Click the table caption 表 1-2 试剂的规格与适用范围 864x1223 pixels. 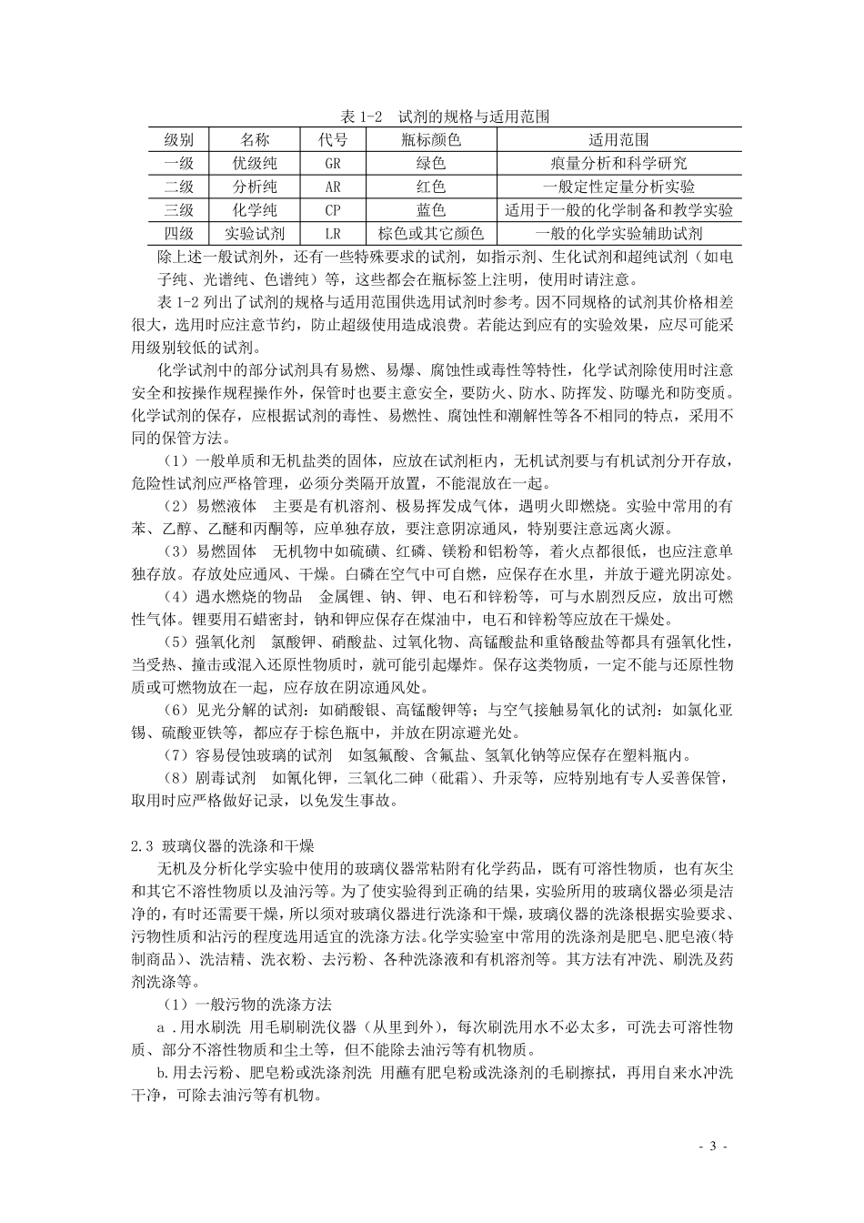(443, 117)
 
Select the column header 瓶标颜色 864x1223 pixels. (430, 140)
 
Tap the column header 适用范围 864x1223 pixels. (618, 140)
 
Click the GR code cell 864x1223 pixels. (333, 164)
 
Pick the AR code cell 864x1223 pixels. (333, 187)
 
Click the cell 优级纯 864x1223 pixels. (255, 164)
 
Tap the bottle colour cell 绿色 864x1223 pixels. (430, 164)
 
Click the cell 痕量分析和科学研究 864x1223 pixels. (618, 164)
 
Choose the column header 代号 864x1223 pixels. (333, 140)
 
